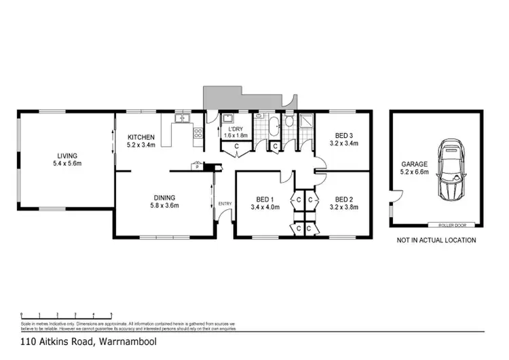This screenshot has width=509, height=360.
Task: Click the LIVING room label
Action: point(67,155)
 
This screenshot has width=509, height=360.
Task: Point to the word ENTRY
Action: point(225,203)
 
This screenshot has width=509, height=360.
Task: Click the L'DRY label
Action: point(236,129)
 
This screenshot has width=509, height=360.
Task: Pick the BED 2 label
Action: point(343,199)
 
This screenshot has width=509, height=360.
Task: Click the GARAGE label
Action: point(414,164)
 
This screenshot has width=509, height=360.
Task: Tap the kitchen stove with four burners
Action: point(198,134)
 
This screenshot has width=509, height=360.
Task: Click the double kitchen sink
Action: point(181,120)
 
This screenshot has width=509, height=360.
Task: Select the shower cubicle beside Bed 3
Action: point(306,122)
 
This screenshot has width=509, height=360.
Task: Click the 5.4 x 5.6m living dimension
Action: point(67,163)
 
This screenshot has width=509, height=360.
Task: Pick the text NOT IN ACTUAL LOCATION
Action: point(436,240)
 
